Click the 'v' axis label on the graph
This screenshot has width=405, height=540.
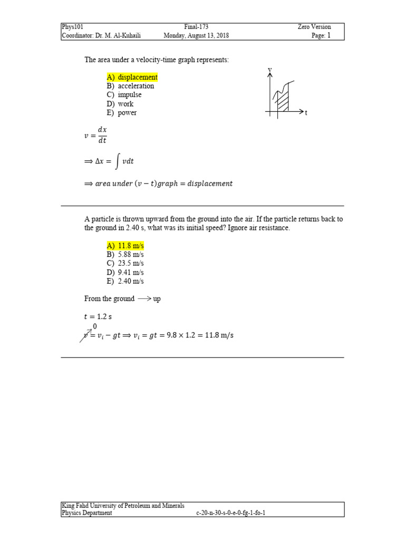(269, 70)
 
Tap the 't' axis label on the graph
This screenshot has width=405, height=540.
(306, 113)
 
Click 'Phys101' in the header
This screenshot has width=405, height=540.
(73, 27)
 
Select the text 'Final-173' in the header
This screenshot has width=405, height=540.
(196, 27)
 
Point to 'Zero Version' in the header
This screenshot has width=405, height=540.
(314, 27)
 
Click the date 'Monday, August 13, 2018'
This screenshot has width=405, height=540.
(196, 36)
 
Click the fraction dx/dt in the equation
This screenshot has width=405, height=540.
(102, 135)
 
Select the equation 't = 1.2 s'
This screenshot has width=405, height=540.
(98, 317)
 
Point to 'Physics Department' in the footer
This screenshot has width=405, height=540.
(87, 513)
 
